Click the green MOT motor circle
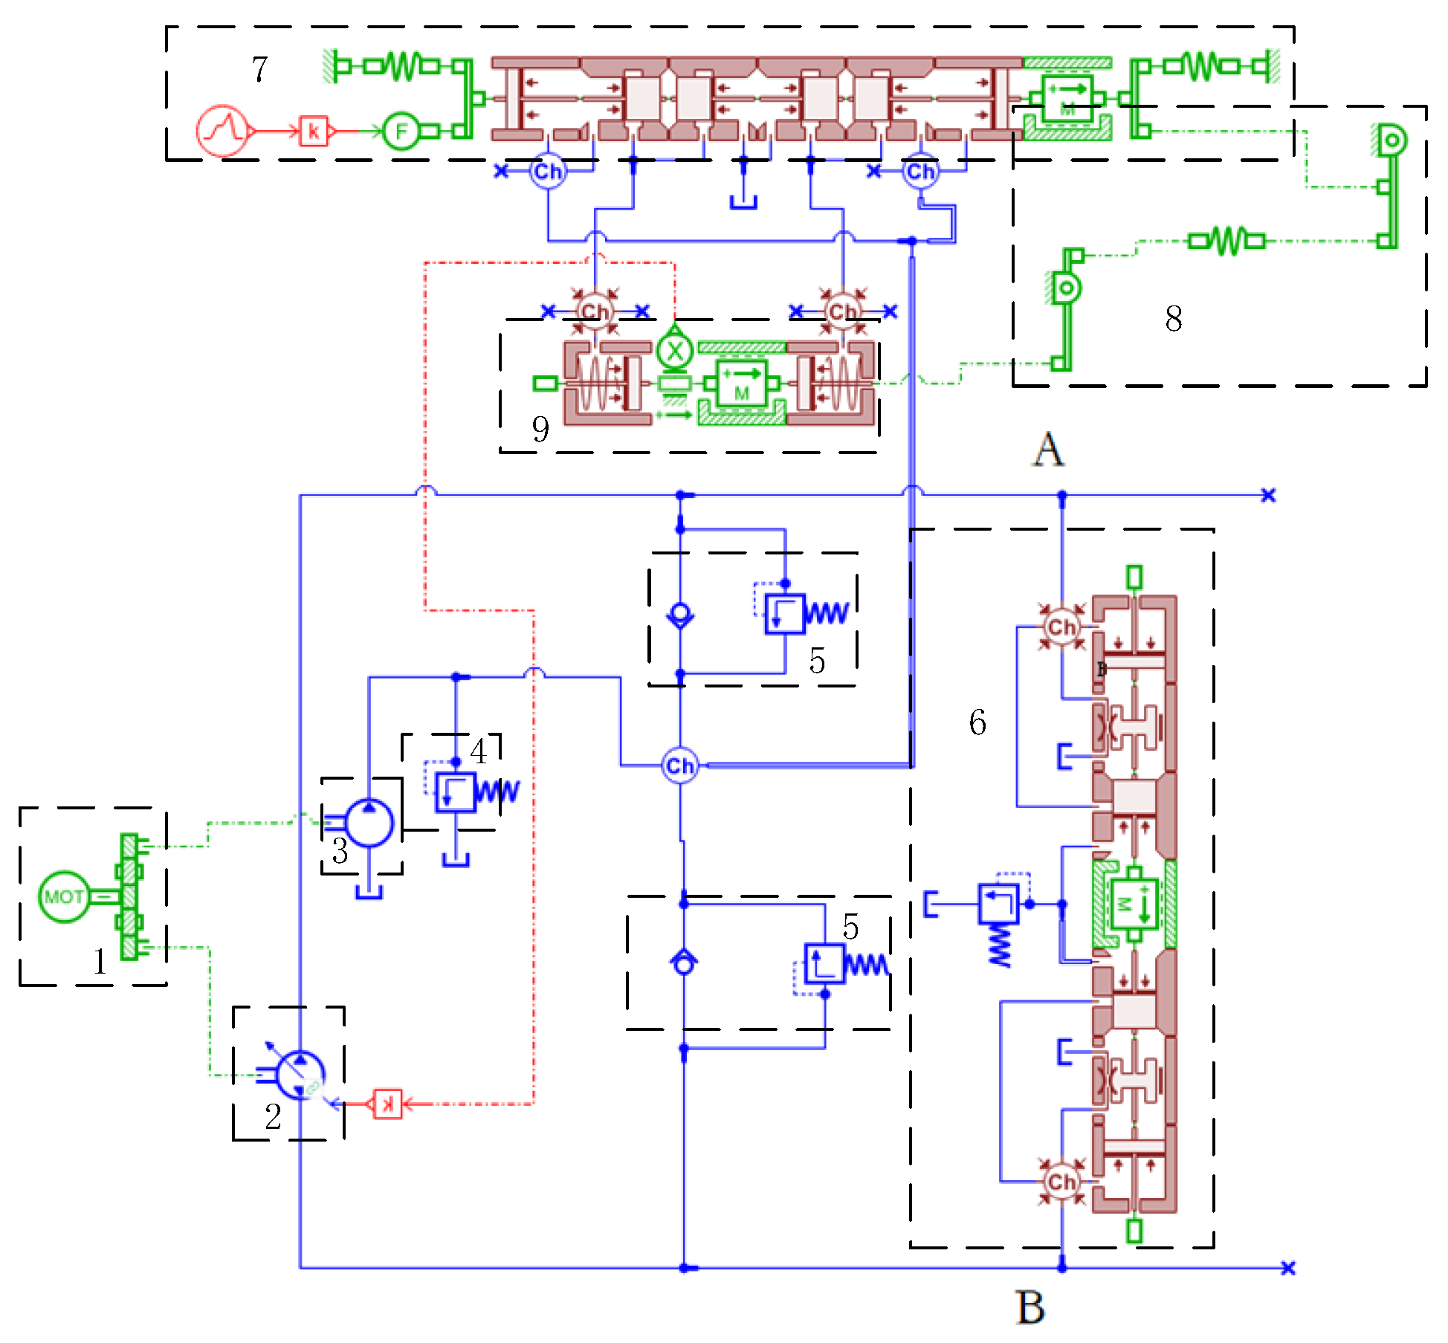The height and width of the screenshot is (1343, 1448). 64,896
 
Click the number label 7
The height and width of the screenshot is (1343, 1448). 259,70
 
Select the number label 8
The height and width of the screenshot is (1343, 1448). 1173,319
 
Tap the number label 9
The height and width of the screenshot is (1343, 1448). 540,429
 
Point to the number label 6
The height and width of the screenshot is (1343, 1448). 977,722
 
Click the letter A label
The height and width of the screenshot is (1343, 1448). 1048,450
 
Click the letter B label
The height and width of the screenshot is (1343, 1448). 1030,1307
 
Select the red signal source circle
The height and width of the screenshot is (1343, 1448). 222,131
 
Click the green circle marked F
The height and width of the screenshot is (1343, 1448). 401,132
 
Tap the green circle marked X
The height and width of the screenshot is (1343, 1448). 675,352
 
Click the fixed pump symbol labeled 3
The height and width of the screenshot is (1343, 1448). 369,823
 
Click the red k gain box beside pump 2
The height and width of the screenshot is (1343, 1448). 387,1104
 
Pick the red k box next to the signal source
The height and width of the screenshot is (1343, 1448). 313,132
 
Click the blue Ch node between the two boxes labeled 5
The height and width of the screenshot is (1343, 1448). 679,766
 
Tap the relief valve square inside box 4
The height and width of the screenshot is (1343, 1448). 455,792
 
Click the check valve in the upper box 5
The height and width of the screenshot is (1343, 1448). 680,615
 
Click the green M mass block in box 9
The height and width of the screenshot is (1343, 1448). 741,383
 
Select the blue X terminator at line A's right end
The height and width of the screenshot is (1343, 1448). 1268,495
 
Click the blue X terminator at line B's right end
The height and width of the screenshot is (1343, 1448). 1288,1268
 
